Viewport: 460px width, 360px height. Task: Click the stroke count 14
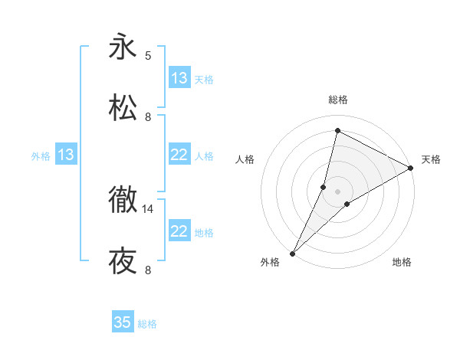pyautogui.click(x=148, y=208)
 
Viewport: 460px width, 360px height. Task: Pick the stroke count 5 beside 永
pyautogui.click(x=148, y=55)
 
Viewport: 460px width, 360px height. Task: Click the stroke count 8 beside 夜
pyautogui.click(x=148, y=270)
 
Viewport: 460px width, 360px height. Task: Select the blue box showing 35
pyautogui.click(x=123, y=322)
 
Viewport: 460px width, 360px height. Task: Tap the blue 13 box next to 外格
pyautogui.click(x=66, y=155)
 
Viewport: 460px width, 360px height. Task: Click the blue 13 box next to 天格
pyautogui.click(x=179, y=78)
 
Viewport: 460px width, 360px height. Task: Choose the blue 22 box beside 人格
pyautogui.click(x=179, y=155)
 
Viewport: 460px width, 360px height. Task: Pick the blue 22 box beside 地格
pyautogui.click(x=179, y=231)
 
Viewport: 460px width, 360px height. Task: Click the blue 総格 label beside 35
pyautogui.click(x=147, y=324)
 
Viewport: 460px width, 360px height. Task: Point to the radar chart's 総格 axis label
pyautogui.click(x=337, y=100)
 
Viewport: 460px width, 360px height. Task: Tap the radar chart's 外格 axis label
pyautogui.click(x=270, y=263)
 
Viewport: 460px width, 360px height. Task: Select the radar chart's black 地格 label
pyautogui.click(x=402, y=263)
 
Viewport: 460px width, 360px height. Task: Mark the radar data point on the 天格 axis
pyautogui.click(x=411, y=169)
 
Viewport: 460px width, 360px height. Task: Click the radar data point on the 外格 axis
pyautogui.click(x=292, y=254)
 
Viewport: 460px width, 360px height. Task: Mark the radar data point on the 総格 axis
pyautogui.click(x=337, y=131)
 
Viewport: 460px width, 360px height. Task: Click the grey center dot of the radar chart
pyautogui.click(x=337, y=191)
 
